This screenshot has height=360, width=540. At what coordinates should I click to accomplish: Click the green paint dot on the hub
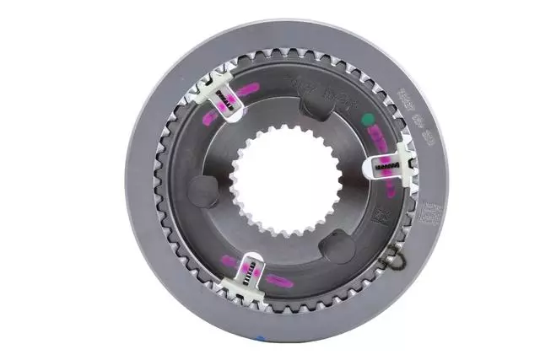coord(367,120)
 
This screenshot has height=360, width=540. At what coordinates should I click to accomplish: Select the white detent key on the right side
coord(389,167)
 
